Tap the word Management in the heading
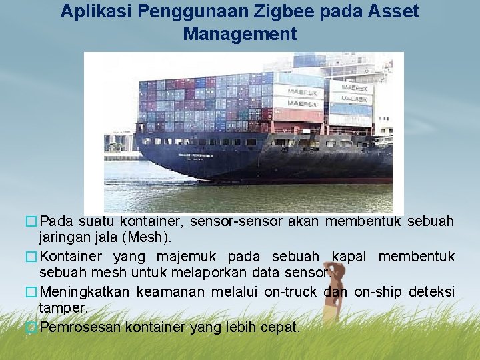click(239, 33)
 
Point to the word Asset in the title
click(393, 11)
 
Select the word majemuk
click(179, 257)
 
